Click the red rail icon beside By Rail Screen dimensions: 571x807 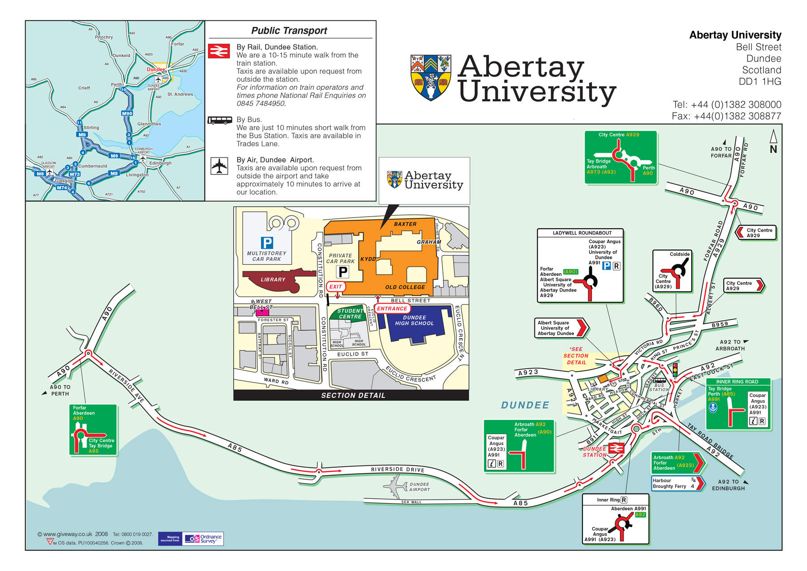[x=219, y=51]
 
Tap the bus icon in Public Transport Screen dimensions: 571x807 [x=220, y=120]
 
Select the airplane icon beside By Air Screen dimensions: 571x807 [x=219, y=166]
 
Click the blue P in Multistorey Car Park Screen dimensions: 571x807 [x=267, y=243]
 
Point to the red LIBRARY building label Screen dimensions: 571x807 [x=273, y=279]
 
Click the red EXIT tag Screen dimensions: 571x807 [x=336, y=287]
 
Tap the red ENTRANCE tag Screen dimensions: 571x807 [x=392, y=309]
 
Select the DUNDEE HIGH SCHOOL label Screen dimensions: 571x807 [x=414, y=320]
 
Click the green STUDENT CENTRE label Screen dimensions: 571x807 [x=350, y=314]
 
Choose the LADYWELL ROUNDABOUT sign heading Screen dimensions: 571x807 [x=581, y=233]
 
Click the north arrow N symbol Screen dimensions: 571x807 [x=773, y=142]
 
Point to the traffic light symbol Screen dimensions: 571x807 [x=675, y=370]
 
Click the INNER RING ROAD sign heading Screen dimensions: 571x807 [x=737, y=382]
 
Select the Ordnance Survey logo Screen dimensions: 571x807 [x=203, y=539]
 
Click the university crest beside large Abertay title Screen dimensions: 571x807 [x=430, y=78]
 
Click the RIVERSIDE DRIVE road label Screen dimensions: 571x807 [x=397, y=470]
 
